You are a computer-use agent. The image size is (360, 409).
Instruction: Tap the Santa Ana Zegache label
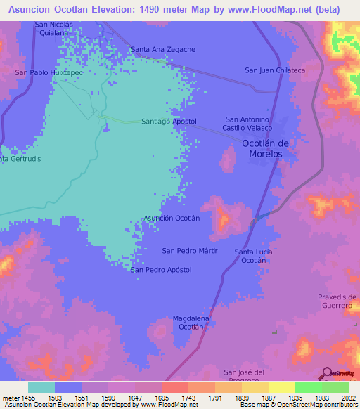[x=163, y=49]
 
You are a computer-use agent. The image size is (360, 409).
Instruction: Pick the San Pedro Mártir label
[x=190, y=251]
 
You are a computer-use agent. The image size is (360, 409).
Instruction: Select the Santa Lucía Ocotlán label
[x=254, y=256]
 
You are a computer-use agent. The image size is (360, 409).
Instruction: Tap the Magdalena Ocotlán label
[x=191, y=323]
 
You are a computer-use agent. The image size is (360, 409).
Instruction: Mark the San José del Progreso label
[x=243, y=376]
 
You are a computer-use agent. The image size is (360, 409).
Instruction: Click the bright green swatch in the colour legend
[x=308, y=387]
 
